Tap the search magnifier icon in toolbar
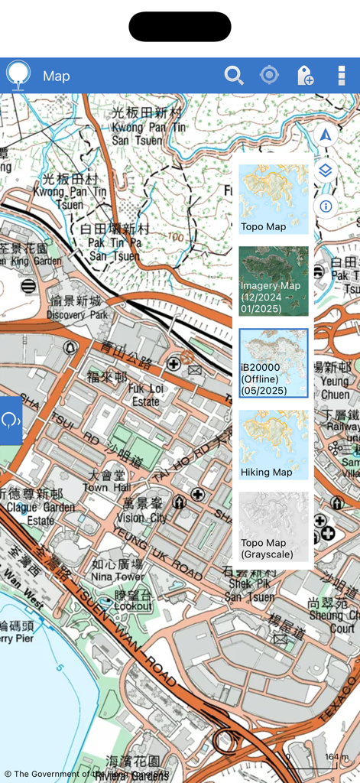233,75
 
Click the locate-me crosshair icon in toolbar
269,75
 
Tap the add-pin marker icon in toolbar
305,75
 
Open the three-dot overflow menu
342,75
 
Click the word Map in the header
57,76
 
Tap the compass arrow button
326,135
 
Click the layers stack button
326,171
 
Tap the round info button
326,206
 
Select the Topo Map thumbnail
274,199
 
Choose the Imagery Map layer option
274,281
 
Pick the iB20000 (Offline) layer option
274,363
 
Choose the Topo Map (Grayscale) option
274,527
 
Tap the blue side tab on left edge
11,421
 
